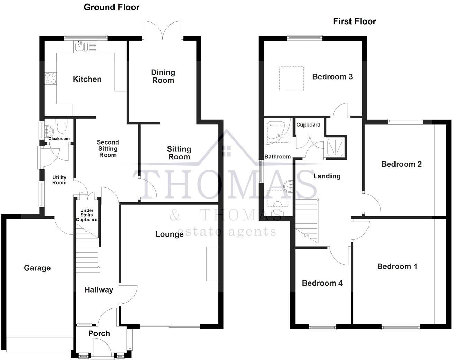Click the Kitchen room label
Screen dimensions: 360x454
[x=87, y=79]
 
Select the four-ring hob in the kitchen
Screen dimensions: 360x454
[x=51, y=79]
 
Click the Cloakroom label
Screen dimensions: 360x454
[x=59, y=139]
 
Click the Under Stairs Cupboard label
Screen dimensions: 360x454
[x=87, y=215]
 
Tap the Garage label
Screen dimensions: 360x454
[x=37, y=268]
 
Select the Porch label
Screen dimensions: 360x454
[x=99, y=333]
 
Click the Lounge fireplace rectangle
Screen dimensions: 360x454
[x=212, y=264]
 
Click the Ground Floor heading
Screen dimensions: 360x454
[x=111, y=7]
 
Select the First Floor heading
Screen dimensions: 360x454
[x=354, y=21]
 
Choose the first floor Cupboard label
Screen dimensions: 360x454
[x=308, y=125]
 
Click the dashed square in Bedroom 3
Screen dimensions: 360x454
[x=291, y=79]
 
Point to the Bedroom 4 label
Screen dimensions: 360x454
[x=322, y=283]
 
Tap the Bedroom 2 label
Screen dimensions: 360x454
[x=401, y=164]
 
